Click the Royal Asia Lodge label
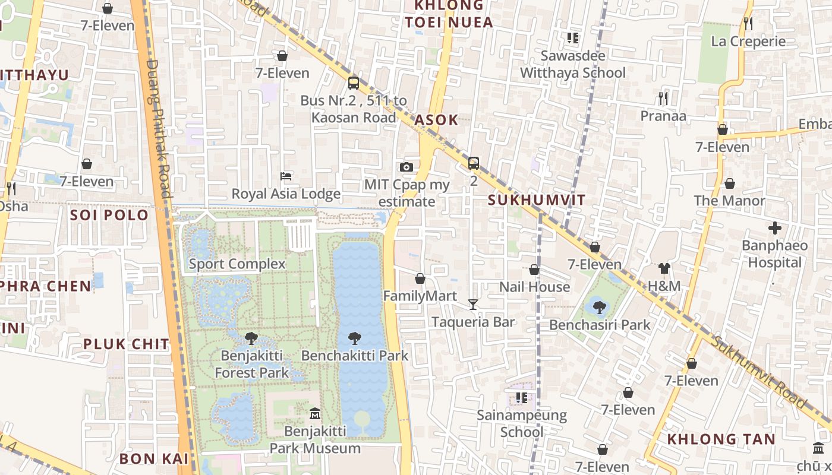286,194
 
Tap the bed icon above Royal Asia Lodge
286,176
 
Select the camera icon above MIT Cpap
406,167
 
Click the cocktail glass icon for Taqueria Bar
473,305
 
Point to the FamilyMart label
420,296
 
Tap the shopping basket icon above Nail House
534,270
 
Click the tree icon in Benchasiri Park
600,307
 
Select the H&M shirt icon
664,269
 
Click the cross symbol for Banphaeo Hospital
775,228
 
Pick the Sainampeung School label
522,423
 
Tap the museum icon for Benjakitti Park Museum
315,413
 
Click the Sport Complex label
237,264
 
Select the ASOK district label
436,120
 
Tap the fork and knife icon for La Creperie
748,24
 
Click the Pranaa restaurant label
663,116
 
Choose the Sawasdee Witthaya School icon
573,39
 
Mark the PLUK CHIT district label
126,344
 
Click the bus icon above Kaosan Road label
354,83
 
